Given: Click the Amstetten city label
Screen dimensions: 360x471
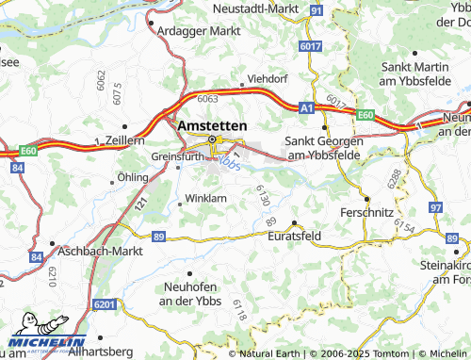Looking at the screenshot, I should click(x=212, y=125).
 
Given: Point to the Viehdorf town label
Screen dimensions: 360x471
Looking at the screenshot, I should click(x=265, y=79).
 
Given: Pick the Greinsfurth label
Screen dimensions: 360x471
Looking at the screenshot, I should click(x=176, y=156).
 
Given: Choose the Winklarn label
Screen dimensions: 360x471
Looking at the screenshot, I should click(x=206, y=199).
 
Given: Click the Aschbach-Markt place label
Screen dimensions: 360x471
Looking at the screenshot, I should click(x=99, y=253).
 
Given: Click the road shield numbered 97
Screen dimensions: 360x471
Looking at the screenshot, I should click(x=434, y=206).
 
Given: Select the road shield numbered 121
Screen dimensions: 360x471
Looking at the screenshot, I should click(x=142, y=202).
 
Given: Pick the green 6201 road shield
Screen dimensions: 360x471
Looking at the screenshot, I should click(x=105, y=304).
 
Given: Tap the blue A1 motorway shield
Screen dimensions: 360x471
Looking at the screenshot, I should click(x=305, y=109).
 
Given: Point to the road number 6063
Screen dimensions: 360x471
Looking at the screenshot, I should click(x=208, y=98).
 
